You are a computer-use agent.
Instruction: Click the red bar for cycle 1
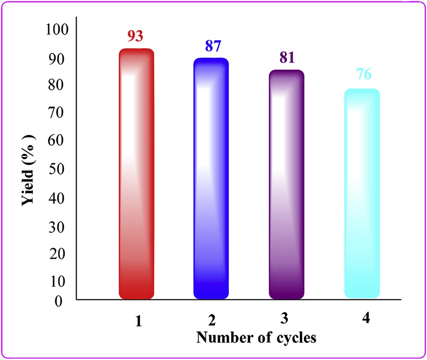coord(136,173)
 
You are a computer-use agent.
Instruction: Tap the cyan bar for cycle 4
coord(362,193)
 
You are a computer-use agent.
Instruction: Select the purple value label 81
coord(287,57)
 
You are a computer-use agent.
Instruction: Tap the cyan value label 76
coord(364,74)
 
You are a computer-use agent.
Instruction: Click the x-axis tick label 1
coord(137,321)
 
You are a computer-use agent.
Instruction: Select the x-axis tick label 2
coord(212,321)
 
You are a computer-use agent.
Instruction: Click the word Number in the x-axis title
coord(222,337)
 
